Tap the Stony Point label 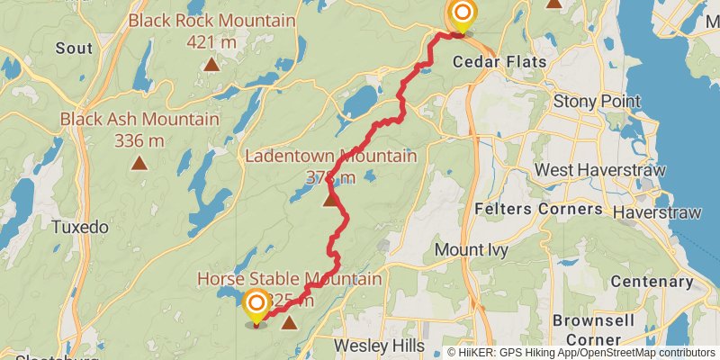pyautogui.click(x=596, y=100)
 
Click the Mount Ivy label pyautogui.click(x=471, y=248)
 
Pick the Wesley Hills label pyautogui.click(x=376, y=345)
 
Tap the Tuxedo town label pyautogui.click(x=80, y=227)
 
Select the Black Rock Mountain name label pyautogui.click(x=211, y=21)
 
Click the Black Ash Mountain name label pyautogui.click(x=139, y=119)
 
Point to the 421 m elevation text pyautogui.click(x=211, y=40)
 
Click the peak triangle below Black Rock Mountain pyautogui.click(x=211, y=63)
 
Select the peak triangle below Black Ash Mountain pyautogui.click(x=139, y=163)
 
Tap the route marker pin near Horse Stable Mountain pyautogui.click(x=256, y=304)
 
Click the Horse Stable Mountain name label pyautogui.click(x=289, y=279)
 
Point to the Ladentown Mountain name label pyautogui.click(x=331, y=157)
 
